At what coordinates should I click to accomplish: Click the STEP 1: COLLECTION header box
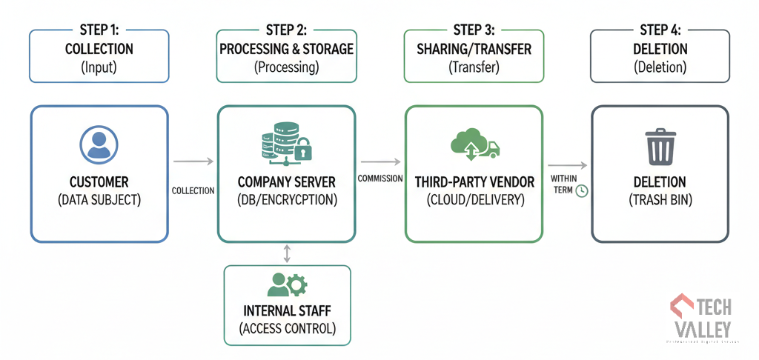point(99,56)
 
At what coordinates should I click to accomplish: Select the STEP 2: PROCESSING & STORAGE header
point(286,56)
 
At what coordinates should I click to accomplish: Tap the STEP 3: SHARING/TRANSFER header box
point(474,56)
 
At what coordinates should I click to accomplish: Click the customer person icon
point(99,145)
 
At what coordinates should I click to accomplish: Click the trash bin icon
point(660,147)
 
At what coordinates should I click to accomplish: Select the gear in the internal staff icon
point(297,284)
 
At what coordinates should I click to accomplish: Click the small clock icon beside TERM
point(582,190)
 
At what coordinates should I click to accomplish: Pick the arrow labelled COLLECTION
point(193,161)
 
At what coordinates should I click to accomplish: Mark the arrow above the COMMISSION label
point(379,161)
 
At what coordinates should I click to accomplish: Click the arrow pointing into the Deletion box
point(567,165)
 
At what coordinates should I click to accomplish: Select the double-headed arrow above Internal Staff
point(287,254)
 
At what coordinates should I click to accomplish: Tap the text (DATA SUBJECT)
point(99,199)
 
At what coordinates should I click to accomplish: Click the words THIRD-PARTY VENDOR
point(474,182)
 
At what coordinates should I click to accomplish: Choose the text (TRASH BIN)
point(660,199)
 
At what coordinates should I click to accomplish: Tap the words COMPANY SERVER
point(286,182)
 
